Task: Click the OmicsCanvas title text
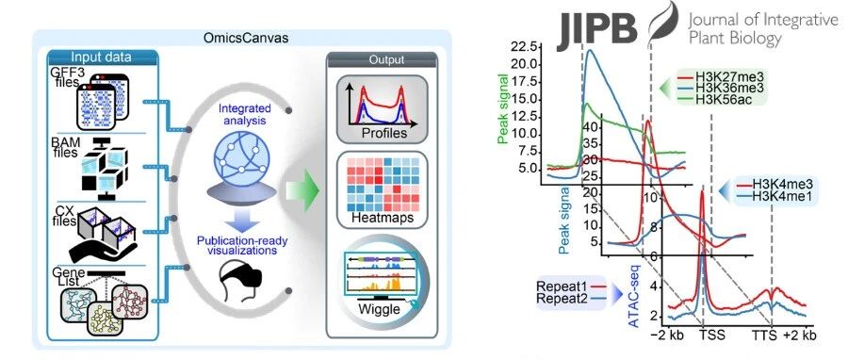(x=243, y=39)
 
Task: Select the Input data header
(x=102, y=57)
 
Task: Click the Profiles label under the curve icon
(x=385, y=133)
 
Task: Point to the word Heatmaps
(x=383, y=218)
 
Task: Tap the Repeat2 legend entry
(x=570, y=298)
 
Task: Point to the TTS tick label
(x=765, y=335)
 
